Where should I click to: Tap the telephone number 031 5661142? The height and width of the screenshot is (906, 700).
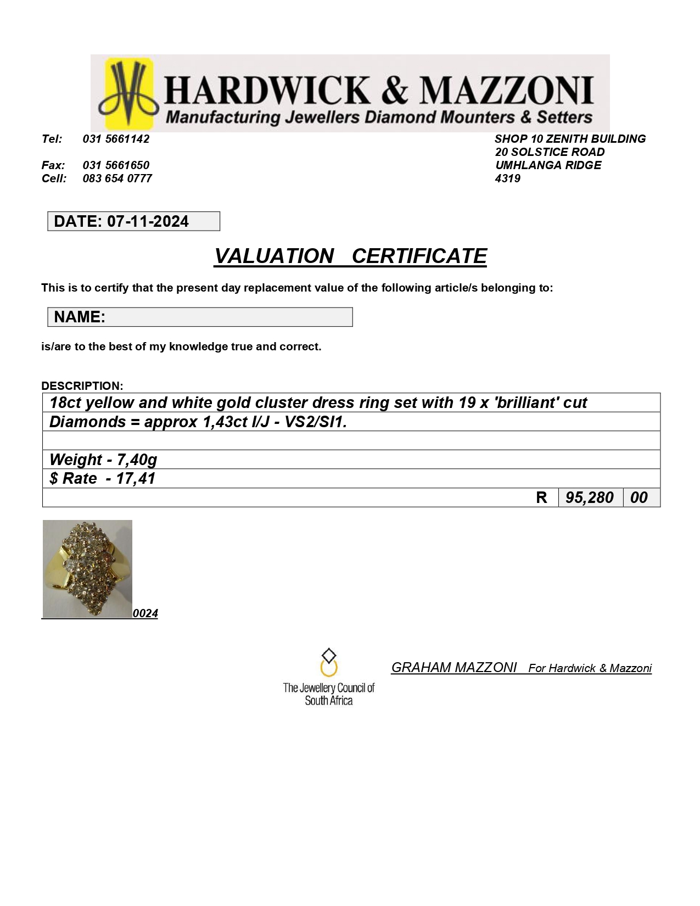(x=116, y=139)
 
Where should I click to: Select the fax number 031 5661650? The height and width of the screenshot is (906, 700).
(x=116, y=165)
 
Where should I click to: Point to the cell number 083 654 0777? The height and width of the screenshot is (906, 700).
(x=117, y=178)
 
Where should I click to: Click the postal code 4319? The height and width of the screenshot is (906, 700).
(x=507, y=178)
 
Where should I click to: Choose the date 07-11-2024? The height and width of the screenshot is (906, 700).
(x=148, y=221)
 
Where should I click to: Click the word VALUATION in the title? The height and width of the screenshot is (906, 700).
(x=273, y=256)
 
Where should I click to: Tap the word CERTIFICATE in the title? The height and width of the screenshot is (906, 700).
(x=419, y=256)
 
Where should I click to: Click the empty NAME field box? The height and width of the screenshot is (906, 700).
(x=228, y=317)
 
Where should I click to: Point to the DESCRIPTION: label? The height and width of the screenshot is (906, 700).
(x=82, y=385)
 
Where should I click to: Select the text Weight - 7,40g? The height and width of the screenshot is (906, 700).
(x=103, y=460)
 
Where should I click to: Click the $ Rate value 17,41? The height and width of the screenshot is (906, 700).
(x=136, y=478)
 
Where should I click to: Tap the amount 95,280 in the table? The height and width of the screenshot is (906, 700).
(x=589, y=497)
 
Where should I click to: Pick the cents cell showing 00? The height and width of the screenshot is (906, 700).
(x=639, y=497)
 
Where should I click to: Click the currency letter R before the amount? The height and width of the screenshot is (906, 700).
(x=541, y=497)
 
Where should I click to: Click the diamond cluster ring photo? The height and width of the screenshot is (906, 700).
(x=87, y=569)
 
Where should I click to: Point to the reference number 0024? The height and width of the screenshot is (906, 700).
(x=145, y=613)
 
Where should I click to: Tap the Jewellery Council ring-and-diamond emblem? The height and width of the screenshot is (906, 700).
(x=328, y=663)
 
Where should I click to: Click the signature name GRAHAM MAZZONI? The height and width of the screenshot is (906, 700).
(x=453, y=668)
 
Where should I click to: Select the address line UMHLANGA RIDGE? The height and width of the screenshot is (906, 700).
(x=548, y=165)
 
